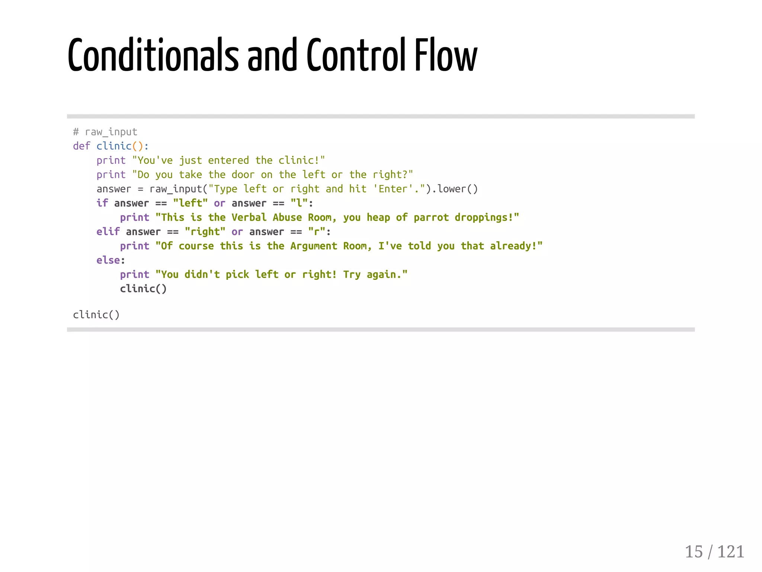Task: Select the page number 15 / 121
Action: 714,551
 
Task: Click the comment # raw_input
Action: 105,132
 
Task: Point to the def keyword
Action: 81,146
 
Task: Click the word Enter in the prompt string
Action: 393,189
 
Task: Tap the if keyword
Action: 102,203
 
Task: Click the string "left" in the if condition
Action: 190,203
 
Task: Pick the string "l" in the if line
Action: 299,203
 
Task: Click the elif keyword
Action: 108,232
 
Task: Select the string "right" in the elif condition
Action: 205,232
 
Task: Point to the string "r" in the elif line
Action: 317,232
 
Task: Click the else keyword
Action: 108,260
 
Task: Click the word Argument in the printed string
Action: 313,246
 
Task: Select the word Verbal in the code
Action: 249,217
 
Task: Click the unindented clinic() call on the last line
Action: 96,315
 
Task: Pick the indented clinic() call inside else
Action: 143,289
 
